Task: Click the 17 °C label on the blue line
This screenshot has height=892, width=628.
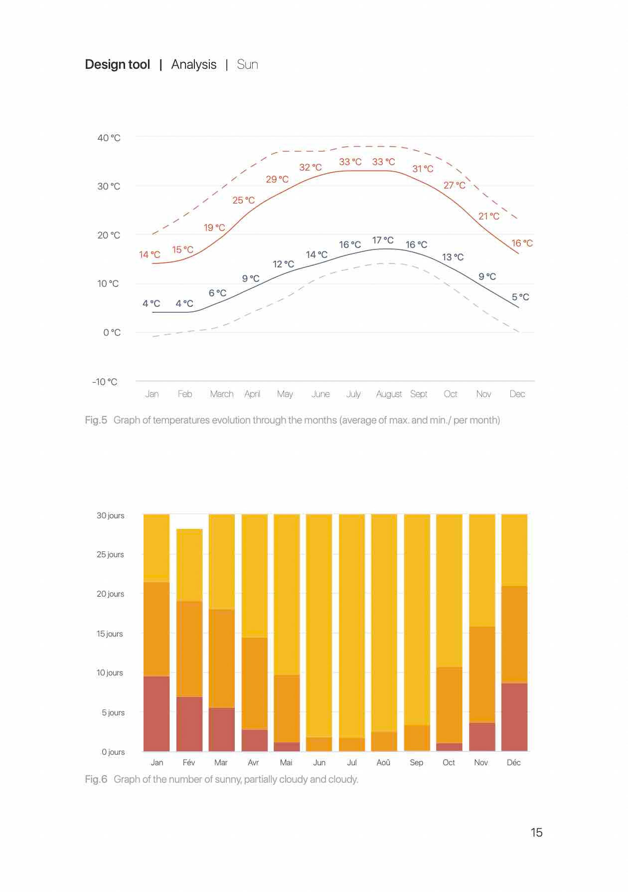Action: pos(383,240)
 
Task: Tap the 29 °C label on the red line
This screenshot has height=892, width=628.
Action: pos(277,179)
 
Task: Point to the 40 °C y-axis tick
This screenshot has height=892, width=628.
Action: pos(109,138)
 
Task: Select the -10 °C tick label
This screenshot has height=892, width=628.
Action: pos(105,382)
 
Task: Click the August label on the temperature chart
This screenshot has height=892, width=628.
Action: pos(389,394)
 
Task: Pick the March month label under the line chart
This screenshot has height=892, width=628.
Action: pos(222,394)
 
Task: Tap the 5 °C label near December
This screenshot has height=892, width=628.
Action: pos(520,297)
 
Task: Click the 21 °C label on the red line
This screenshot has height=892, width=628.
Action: pos(489,216)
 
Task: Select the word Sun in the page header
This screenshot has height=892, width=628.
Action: pos(247,64)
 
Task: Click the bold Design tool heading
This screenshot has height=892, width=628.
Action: pos(118,64)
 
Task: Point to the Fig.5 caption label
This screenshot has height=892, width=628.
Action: pos(96,420)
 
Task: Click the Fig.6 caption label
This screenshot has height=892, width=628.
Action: pos(96,779)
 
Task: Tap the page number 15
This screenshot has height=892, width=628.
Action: pos(536,832)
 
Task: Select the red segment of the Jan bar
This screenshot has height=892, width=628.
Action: pos(157,713)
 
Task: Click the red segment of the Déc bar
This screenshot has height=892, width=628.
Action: pos(514,716)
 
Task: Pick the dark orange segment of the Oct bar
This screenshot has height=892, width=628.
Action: pos(449,704)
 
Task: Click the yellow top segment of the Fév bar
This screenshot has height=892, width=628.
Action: pos(189,565)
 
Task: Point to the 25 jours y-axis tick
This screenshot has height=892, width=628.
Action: pos(110,555)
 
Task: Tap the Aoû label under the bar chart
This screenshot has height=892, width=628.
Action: pos(383,762)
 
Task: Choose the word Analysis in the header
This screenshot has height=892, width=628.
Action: pos(194,64)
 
